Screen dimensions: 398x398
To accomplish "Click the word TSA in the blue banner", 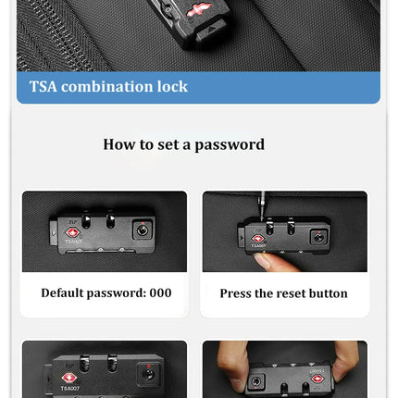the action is click(x=44, y=87).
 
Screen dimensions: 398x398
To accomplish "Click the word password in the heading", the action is click(x=230, y=144).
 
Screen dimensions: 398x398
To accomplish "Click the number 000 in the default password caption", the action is click(x=160, y=292).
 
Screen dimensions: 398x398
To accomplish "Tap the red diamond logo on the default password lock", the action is click(x=72, y=232).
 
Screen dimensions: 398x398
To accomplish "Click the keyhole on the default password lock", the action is click(x=143, y=230).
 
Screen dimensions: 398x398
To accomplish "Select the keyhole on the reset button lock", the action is click(x=318, y=238).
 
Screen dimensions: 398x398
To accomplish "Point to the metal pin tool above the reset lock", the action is click(x=262, y=205).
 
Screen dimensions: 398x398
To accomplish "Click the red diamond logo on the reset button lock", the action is click(x=258, y=239).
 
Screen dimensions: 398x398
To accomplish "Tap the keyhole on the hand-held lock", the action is click(x=255, y=381).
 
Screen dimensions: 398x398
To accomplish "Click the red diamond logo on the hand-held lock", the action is click(x=317, y=379).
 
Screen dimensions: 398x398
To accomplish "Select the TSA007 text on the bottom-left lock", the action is click(x=70, y=388).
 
